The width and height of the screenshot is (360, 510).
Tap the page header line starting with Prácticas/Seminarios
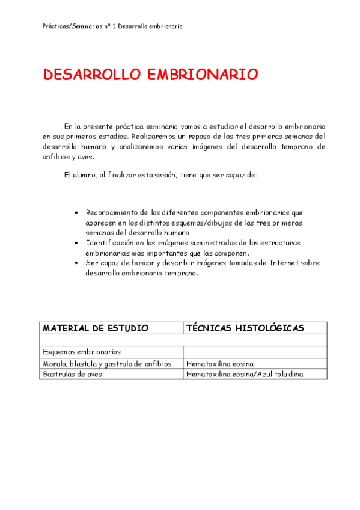(113, 26)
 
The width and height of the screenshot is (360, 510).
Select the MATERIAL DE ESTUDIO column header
(95, 328)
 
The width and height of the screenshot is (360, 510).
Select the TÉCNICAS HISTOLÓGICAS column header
(245, 328)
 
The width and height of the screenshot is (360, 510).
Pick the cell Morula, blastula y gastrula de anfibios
(107, 364)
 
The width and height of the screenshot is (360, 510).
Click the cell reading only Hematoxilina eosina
(220, 364)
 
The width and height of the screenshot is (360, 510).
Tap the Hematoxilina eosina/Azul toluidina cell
(245, 374)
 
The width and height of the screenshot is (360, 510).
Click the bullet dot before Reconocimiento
(76, 213)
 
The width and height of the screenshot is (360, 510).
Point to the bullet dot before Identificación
(76, 243)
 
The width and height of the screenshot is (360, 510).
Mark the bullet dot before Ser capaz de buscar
(76, 263)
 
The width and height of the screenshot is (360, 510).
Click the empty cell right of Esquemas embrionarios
(255, 352)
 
